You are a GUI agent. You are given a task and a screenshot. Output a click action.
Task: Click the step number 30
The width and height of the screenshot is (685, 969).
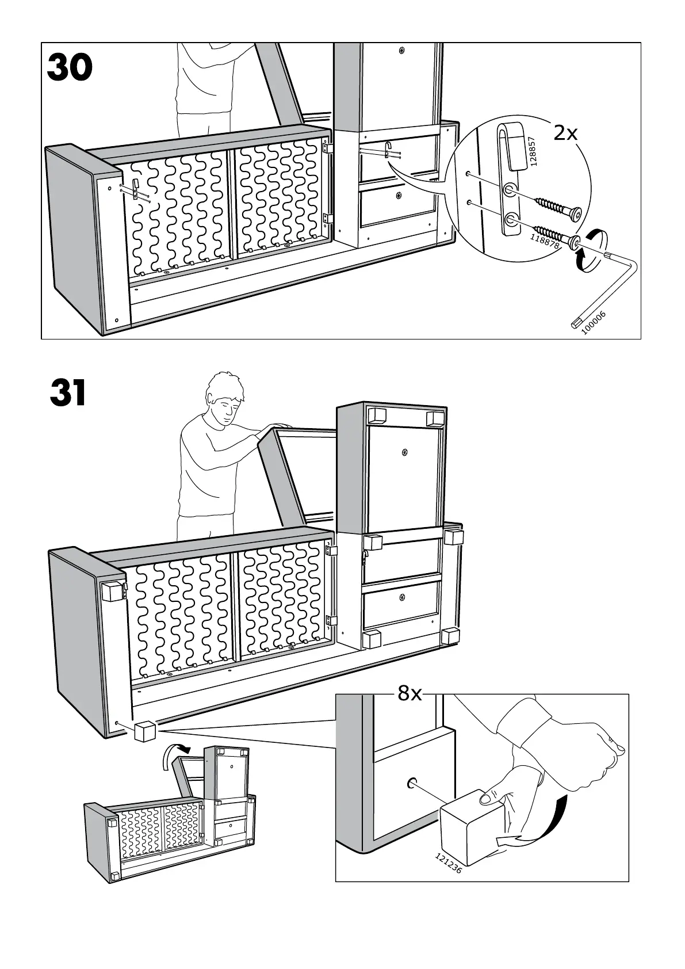tap(70, 68)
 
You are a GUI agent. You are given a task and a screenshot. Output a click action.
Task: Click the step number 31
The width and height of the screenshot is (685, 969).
tap(68, 394)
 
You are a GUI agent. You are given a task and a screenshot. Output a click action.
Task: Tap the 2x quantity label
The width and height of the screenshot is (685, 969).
tap(565, 133)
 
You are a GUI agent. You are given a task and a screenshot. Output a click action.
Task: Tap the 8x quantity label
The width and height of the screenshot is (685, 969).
tap(410, 694)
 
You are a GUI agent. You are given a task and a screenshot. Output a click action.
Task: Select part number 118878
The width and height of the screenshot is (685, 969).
tap(545, 237)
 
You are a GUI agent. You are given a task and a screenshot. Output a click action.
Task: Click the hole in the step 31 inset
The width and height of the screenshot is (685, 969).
tap(412, 783)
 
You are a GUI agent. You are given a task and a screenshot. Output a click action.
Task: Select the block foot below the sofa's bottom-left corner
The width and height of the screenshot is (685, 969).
tap(144, 733)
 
